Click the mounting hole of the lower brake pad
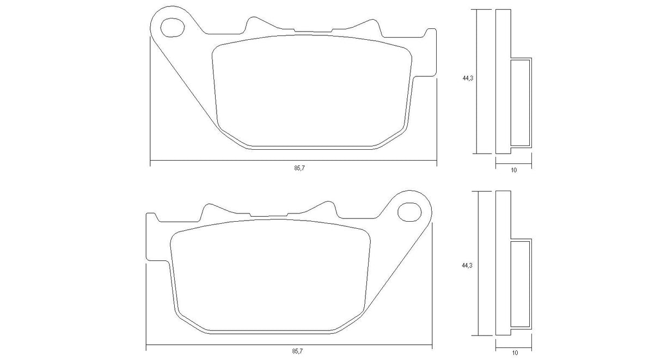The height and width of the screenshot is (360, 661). pos(409,210)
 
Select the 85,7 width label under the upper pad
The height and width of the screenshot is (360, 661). pos(298,168)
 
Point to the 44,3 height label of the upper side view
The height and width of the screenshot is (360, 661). pos(467,78)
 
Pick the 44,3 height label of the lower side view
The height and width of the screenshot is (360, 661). pos(467,265)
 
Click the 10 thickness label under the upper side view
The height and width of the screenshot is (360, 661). pos(513,170)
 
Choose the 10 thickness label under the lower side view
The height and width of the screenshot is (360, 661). pos(513,352)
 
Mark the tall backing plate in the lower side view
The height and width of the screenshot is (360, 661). pos(503,264)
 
